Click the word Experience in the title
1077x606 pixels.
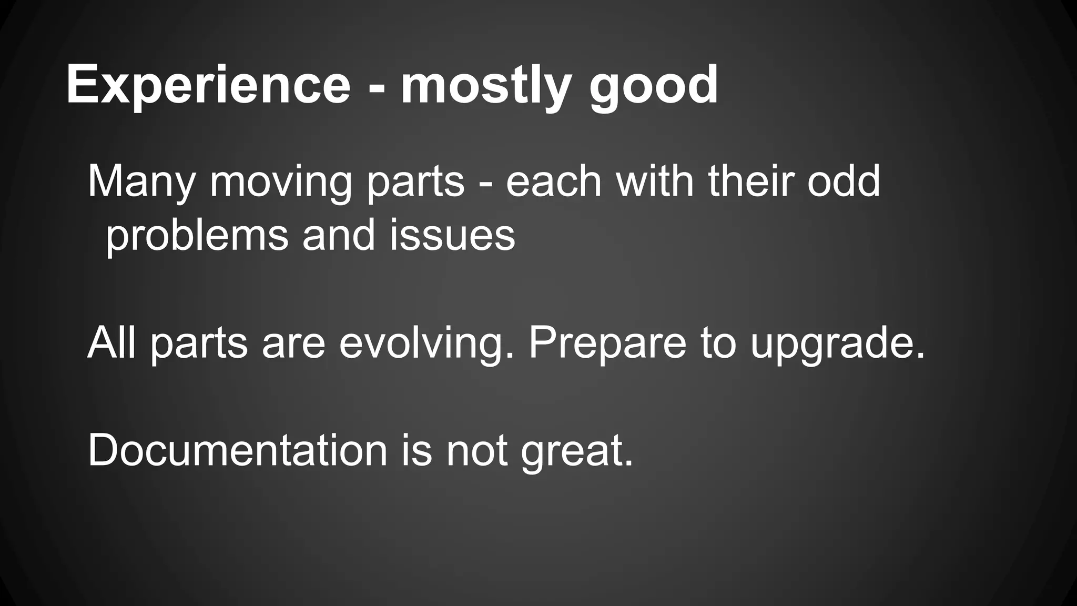(x=208, y=84)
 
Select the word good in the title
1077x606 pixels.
(x=653, y=84)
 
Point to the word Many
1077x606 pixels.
(x=141, y=181)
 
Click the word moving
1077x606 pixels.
(x=281, y=181)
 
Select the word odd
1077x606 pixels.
(x=844, y=181)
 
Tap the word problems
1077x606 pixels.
(x=197, y=235)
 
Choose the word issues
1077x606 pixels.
(x=452, y=235)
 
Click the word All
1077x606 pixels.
(x=111, y=343)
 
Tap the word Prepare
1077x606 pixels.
(x=607, y=343)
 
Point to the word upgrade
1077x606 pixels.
(x=837, y=343)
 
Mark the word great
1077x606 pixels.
(x=577, y=450)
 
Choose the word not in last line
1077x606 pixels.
(x=477, y=450)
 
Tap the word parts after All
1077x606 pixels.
(x=199, y=343)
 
